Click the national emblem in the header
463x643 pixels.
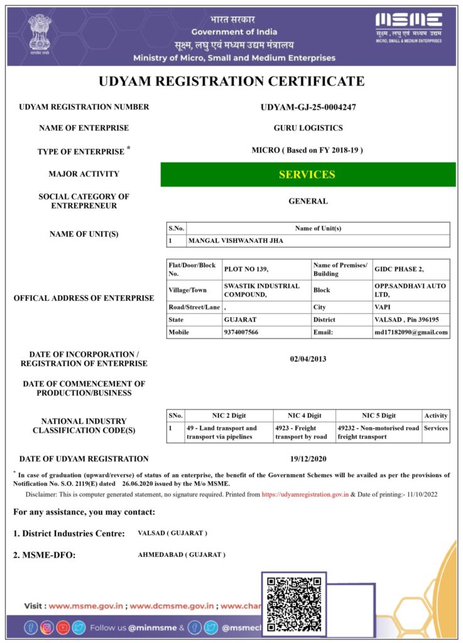click(x=40, y=35)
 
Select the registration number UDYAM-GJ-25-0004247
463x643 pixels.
click(x=308, y=107)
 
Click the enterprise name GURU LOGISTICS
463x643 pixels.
click(x=308, y=128)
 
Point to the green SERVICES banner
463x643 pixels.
click(x=308, y=175)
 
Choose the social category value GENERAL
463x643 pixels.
click(x=308, y=202)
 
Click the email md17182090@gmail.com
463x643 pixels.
click(x=411, y=332)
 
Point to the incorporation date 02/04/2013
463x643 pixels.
click(x=308, y=359)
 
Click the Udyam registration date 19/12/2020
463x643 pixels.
click(x=308, y=459)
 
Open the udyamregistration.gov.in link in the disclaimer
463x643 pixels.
click(x=305, y=495)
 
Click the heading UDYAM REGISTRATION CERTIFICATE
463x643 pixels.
click(x=231, y=81)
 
